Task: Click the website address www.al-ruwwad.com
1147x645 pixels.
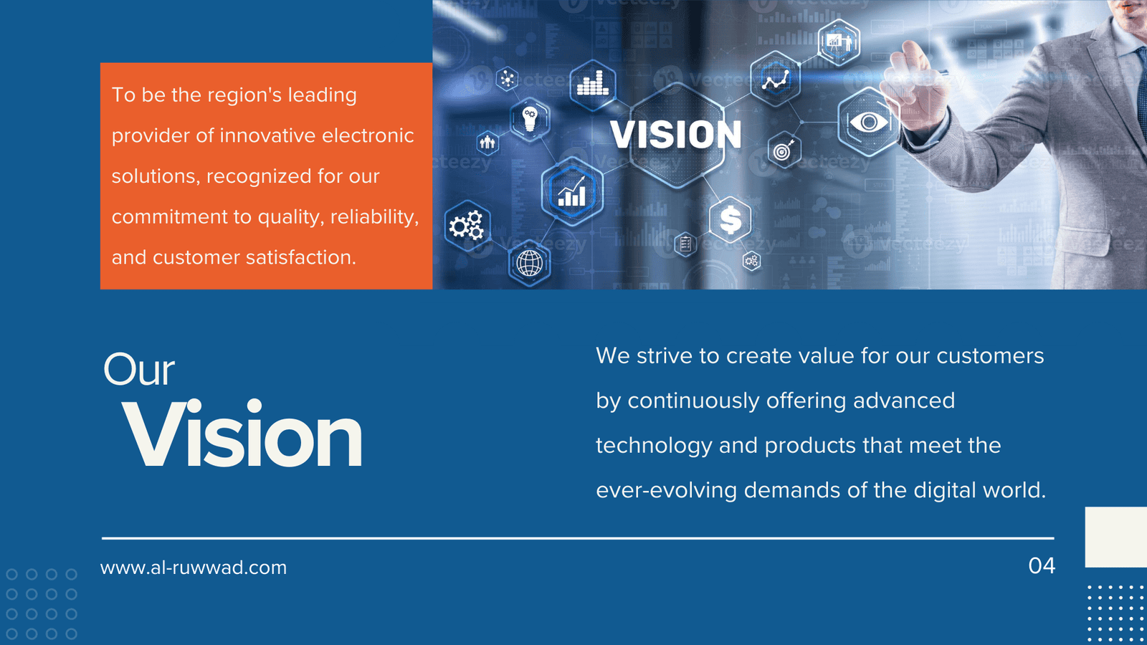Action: pos(194,568)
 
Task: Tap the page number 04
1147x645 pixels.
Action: pos(1042,565)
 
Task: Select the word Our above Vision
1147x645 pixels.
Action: pos(139,369)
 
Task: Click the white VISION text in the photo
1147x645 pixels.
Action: pos(675,135)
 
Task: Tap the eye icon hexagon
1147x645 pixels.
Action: pos(868,122)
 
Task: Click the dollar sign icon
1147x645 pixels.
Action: pos(730,219)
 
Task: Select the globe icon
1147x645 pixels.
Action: pos(530,264)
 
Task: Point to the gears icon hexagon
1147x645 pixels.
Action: pos(467,226)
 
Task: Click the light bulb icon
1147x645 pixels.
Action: pos(530,119)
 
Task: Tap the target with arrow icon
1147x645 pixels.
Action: pos(784,150)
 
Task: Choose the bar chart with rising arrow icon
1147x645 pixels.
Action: pos(572,191)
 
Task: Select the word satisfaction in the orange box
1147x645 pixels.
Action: pos(300,257)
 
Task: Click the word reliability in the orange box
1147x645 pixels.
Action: pos(374,217)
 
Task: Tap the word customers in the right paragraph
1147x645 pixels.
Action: pos(990,355)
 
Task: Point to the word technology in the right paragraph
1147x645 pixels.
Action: pos(654,445)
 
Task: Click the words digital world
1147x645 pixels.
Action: pos(979,490)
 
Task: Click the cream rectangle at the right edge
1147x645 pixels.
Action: pos(1116,537)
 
